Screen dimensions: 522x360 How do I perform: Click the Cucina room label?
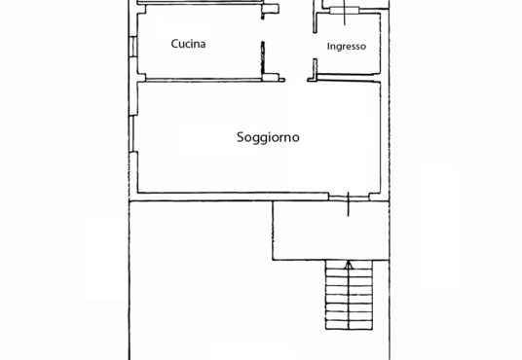[188, 44]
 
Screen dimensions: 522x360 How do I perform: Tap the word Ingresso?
[347, 47]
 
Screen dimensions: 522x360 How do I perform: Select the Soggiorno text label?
[268, 137]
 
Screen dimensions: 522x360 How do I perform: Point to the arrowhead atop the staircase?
[349, 265]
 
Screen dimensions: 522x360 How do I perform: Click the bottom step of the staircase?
[349, 325]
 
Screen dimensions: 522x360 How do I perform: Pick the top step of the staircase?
[349, 265]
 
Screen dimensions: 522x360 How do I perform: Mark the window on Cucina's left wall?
[132, 47]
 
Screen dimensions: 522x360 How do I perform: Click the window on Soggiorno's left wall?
[132, 133]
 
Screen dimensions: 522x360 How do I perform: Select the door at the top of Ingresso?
[345, 11]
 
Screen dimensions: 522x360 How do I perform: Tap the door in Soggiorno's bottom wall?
[349, 198]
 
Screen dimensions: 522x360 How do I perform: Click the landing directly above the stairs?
[331, 231]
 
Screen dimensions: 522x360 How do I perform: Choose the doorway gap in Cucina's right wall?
[263, 30]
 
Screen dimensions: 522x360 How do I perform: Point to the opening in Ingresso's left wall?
[315, 46]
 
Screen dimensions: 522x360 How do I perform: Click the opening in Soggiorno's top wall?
[296, 80]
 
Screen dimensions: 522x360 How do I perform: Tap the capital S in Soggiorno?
[241, 137]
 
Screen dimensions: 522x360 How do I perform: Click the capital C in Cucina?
[174, 44]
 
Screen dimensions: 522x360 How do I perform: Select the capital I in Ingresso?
[328, 46]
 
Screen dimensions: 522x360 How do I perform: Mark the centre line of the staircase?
[349, 295]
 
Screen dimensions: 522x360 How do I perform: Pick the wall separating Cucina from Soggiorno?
[204, 80]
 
